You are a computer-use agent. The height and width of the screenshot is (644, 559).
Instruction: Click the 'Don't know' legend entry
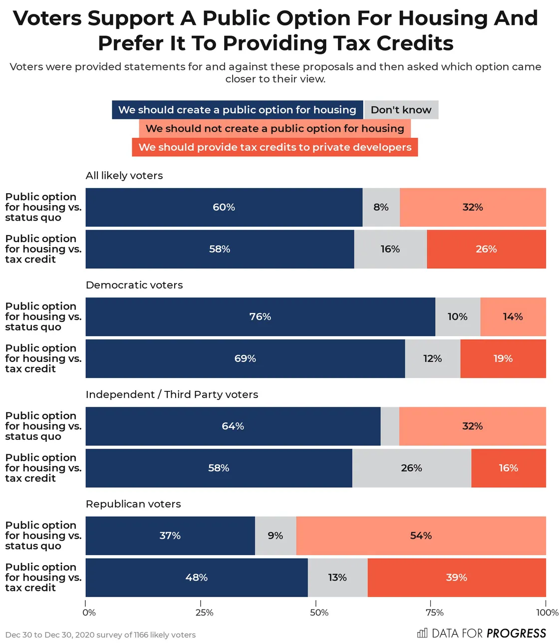click(x=401, y=110)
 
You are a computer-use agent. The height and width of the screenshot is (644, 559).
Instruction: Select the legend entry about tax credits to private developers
click(x=275, y=147)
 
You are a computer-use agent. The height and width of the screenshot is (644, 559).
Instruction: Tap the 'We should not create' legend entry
click(x=275, y=129)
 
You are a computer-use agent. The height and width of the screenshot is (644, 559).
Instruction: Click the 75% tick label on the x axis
click(x=434, y=613)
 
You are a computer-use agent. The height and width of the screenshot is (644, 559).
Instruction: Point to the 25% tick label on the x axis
click(x=204, y=613)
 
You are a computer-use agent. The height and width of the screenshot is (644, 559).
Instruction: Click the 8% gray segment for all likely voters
click(x=381, y=207)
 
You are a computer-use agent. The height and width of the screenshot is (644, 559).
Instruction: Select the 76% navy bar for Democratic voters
click(x=260, y=317)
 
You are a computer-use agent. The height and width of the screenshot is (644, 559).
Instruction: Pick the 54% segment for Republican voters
click(x=421, y=536)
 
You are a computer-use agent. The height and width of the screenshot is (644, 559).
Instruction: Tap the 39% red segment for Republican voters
click(x=457, y=578)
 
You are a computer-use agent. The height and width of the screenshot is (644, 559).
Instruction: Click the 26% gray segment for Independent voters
click(x=411, y=468)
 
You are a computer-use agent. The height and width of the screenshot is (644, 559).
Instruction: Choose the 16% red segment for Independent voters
click(x=508, y=468)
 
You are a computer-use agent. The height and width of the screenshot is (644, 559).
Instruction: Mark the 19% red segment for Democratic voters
click(x=503, y=358)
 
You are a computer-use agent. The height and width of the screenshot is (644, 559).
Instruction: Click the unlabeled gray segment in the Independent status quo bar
click(x=390, y=426)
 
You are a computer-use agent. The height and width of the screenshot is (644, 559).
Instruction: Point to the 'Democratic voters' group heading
click(x=134, y=285)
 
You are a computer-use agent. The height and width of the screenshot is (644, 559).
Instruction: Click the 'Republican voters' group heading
click(x=133, y=504)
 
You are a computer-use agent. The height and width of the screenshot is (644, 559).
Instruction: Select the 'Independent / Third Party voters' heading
click(x=172, y=394)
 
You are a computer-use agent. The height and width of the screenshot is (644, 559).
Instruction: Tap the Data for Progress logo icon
click(x=422, y=633)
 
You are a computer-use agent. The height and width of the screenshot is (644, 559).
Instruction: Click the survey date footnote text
click(x=100, y=635)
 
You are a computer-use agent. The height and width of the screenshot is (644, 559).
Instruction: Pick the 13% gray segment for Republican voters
click(x=337, y=578)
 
